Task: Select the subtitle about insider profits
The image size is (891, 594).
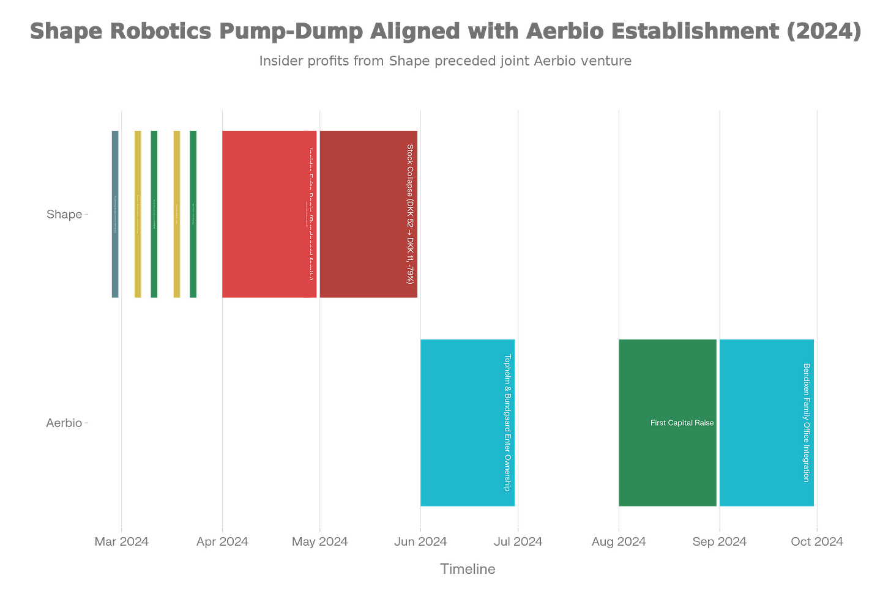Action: click(x=445, y=61)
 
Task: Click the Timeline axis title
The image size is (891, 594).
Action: click(x=468, y=569)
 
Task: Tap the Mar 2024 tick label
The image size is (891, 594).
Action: click(x=121, y=541)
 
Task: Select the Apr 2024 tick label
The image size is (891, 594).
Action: click(x=222, y=541)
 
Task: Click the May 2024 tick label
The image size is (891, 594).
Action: click(x=319, y=541)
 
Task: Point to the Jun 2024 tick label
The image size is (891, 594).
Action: click(x=420, y=541)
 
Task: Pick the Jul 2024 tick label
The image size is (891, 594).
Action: click(x=518, y=541)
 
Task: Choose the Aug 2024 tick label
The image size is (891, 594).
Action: click(x=619, y=541)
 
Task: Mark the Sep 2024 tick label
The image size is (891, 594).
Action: click(x=719, y=541)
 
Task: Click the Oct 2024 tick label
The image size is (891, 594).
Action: click(x=816, y=541)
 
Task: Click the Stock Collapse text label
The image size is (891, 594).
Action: click(x=410, y=214)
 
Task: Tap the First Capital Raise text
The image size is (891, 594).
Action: click(x=682, y=423)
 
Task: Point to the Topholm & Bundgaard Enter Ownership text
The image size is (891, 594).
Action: click(x=507, y=423)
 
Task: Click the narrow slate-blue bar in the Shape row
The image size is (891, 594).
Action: click(x=115, y=214)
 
